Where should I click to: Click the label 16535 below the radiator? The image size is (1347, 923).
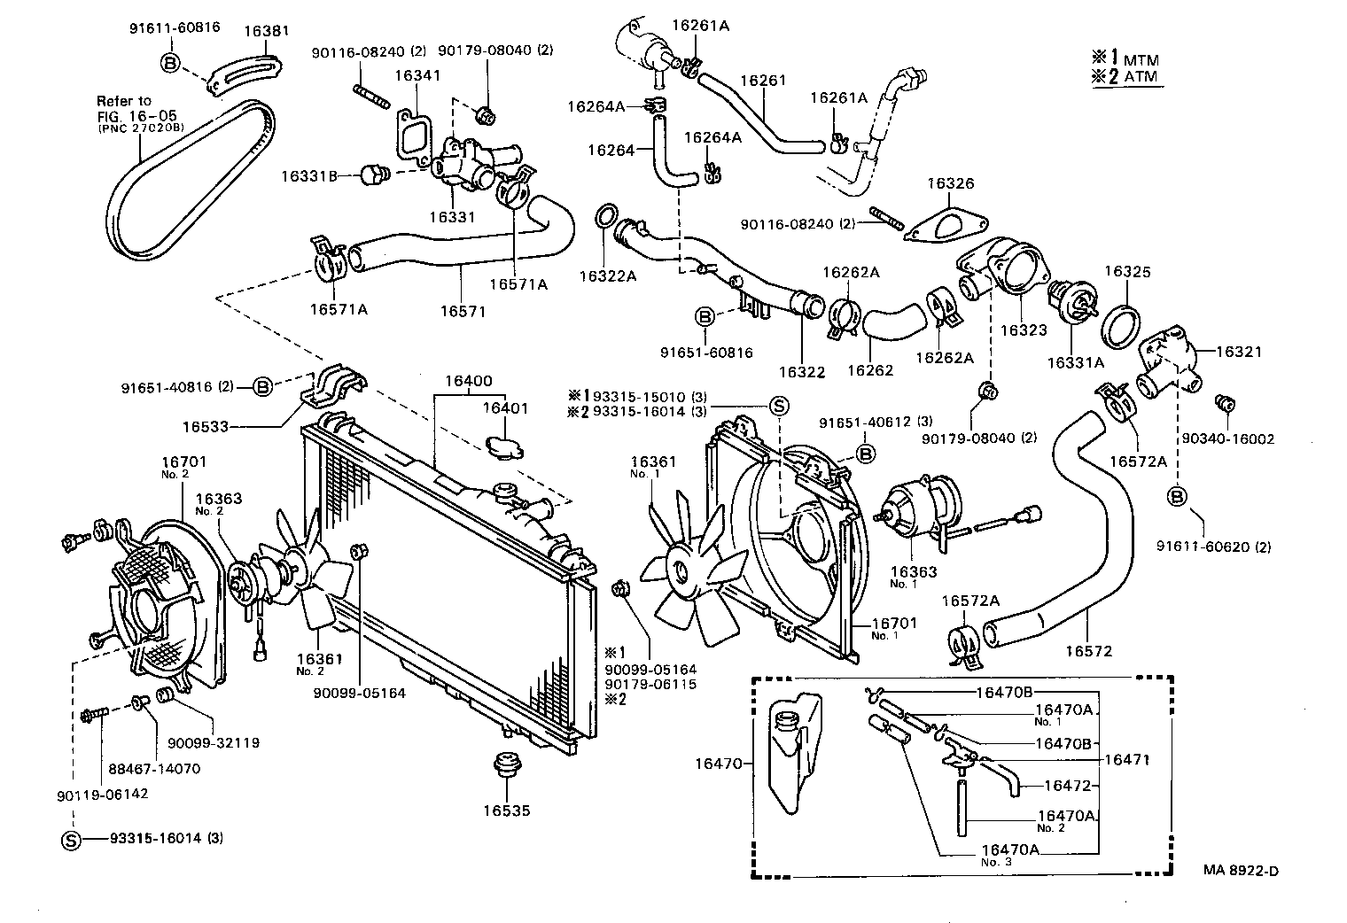click(507, 810)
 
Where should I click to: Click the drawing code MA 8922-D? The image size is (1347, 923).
click(1240, 870)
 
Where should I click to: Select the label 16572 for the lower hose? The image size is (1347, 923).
click(1088, 651)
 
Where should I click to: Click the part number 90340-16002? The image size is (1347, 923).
click(1227, 438)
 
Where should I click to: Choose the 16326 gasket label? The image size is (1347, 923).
click(950, 184)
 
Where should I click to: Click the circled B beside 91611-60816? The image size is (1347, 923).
click(171, 62)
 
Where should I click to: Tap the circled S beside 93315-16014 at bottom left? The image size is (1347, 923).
click(71, 839)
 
